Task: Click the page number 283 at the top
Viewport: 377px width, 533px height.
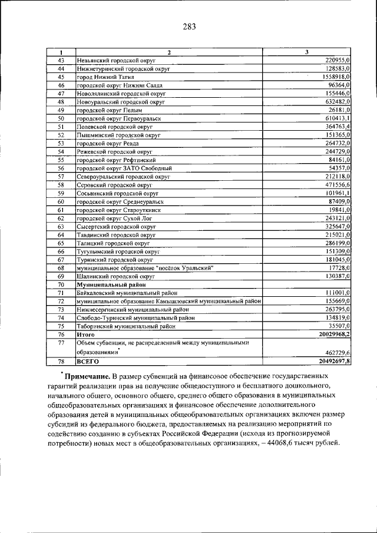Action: point(188,27)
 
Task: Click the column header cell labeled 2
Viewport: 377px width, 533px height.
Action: point(169,53)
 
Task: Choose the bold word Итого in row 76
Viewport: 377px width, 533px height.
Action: point(86,334)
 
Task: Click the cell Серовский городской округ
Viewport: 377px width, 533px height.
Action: point(111,184)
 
